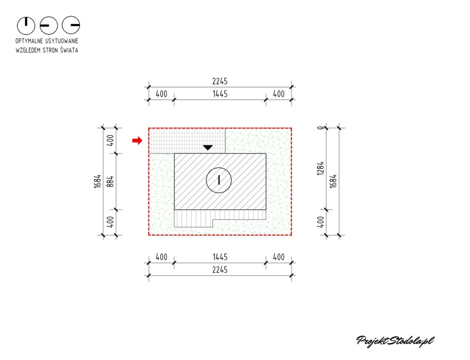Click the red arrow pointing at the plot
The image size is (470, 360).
(137, 140)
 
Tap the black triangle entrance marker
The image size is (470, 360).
(208, 147)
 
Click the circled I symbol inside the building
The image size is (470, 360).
(219, 180)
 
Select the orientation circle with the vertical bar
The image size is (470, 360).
(26, 26)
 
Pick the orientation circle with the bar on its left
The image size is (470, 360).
(49, 26)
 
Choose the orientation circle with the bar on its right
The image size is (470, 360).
(71, 25)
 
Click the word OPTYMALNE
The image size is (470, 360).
(29, 41)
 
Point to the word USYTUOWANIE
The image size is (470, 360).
(62, 41)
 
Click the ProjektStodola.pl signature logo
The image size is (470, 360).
(395, 341)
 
